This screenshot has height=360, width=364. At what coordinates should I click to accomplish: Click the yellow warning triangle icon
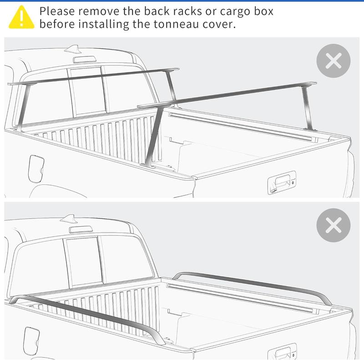point(21,17)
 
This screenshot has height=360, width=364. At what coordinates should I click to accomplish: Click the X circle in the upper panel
point(334,61)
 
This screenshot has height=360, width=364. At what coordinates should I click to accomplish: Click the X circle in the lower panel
point(334,225)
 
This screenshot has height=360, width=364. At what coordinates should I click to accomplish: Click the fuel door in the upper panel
point(35,167)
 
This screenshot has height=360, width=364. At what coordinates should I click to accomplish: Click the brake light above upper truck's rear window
point(85,59)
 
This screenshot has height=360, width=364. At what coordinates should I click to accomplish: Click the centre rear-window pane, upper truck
point(86,91)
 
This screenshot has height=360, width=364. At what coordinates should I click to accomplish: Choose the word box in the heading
point(264,10)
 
